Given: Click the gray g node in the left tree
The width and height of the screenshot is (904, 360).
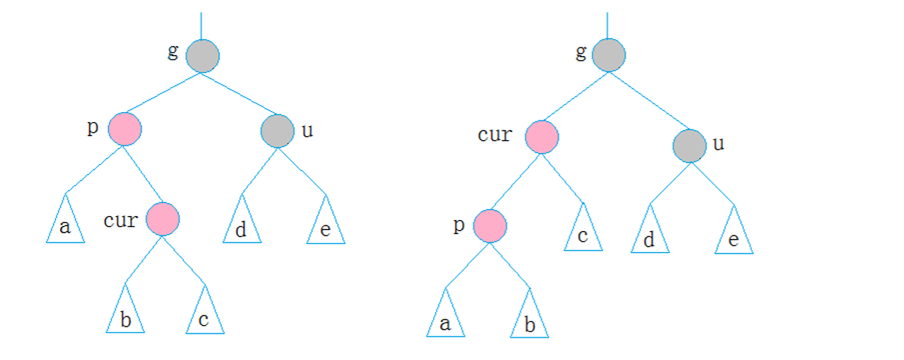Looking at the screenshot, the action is (x=202, y=56).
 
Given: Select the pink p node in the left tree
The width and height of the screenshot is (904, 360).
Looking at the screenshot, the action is (x=124, y=129).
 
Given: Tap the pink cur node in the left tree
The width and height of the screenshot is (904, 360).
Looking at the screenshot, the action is (x=162, y=218).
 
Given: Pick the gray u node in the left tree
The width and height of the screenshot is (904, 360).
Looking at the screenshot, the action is (x=277, y=131).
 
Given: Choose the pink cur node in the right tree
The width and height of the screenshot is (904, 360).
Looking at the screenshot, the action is (x=542, y=138).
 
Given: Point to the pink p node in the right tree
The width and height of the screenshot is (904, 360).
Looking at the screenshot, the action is (x=490, y=226).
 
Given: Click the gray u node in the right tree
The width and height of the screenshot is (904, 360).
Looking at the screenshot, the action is (x=689, y=145).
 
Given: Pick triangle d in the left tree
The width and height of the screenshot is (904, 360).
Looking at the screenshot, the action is (x=243, y=227).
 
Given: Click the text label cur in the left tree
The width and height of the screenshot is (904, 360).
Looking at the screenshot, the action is (x=120, y=220).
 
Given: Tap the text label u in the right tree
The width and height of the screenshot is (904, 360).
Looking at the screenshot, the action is (x=718, y=144).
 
